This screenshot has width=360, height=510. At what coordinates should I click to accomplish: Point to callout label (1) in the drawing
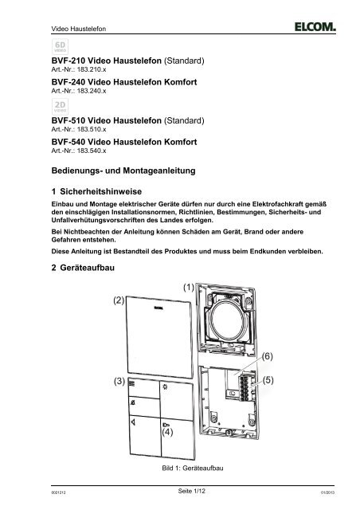188,285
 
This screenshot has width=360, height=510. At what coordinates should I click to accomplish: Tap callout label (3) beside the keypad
119,382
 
